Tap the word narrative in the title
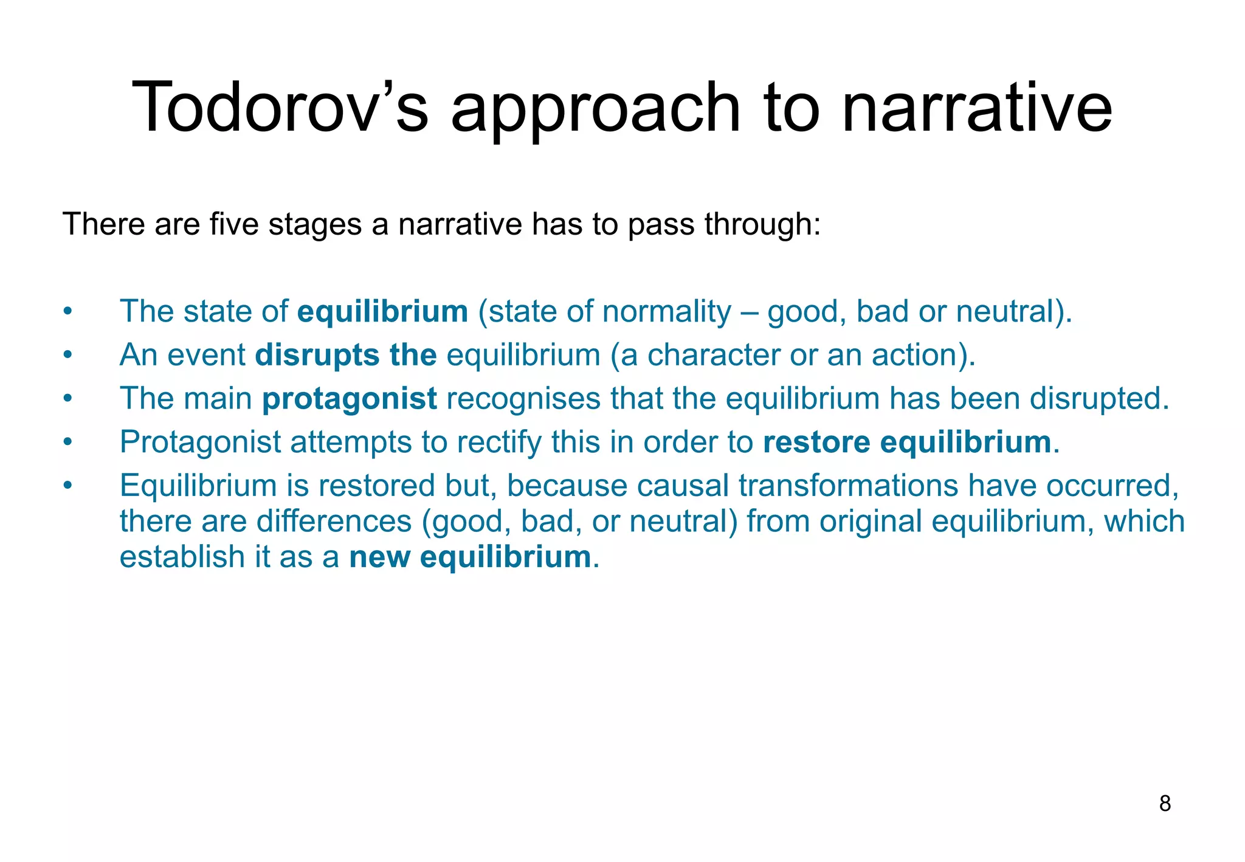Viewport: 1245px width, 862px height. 978,108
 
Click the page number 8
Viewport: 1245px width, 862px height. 1165,804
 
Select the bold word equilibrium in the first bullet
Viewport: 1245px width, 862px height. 382,311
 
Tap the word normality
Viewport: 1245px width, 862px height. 666,311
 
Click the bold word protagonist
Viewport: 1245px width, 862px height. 350,399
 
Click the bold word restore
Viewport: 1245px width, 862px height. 816,442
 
